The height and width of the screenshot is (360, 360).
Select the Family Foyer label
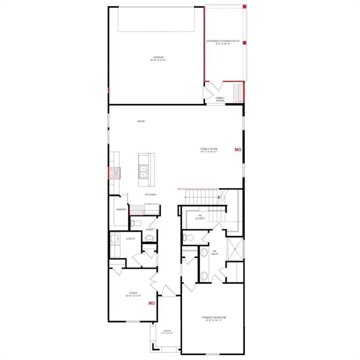(x=220, y=99)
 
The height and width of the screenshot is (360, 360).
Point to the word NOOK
(x=141, y=121)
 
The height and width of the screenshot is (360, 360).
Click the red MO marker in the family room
(x=238, y=150)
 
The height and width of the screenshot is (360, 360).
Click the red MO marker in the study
(x=151, y=303)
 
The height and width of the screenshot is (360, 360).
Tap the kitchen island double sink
(x=144, y=172)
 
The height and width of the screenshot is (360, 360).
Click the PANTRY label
(x=121, y=210)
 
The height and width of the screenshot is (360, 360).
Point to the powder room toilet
(x=134, y=223)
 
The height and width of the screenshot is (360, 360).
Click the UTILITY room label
(x=131, y=239)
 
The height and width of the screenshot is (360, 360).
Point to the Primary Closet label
(x=200, y=217)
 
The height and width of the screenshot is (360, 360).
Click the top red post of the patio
(x=244, y=6)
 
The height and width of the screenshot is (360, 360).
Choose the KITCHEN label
(x=150, y=195)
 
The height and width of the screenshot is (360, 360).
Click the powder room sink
(x=150, y=238)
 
